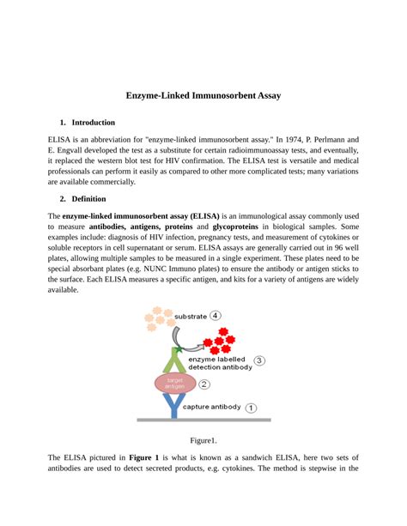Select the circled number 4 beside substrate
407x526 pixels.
(x=215, y=315)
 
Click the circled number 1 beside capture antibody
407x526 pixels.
(x=251, y=408)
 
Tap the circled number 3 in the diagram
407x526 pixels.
(x=259, y=361)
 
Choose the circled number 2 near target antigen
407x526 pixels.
(x=204, y=384)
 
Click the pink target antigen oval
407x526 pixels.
(x=175, y=384)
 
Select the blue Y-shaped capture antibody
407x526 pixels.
(x=174, y=407)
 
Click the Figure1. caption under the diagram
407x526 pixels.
(x=203, y=440)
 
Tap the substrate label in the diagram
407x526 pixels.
(x=190, y=316)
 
